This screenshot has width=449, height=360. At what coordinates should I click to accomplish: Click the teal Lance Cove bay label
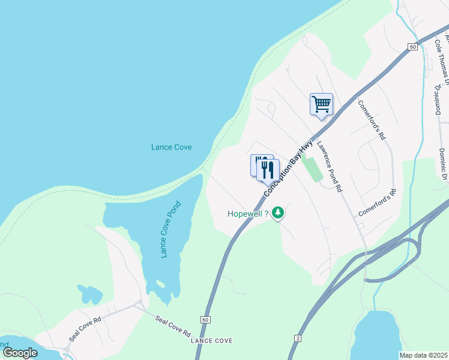[x=171, y=147]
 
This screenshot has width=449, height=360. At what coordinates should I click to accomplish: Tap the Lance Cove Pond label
[x=171, y=230]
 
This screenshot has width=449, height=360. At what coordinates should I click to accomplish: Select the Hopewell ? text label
[x=247, y=214]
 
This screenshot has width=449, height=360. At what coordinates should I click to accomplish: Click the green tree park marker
[x=277, y=212]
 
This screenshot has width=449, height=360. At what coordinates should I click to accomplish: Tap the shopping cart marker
[x=321, y=104]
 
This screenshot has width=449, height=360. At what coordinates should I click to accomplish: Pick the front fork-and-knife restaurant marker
[x=268, y=170]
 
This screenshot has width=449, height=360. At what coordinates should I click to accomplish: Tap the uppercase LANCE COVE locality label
[x=211, y=341]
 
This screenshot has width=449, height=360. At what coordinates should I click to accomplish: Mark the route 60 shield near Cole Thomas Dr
[x=412, y=46]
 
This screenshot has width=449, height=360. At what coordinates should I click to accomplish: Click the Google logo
[x=19, y=352]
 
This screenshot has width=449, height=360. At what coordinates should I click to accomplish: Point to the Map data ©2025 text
[x=423, y=355]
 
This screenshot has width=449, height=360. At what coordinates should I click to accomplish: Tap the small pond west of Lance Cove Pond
[x=89, y=295]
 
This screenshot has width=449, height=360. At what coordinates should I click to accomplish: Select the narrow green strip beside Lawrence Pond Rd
[x=312, y=167]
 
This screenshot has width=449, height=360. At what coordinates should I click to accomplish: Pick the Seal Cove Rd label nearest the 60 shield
[x=173, y=326]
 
